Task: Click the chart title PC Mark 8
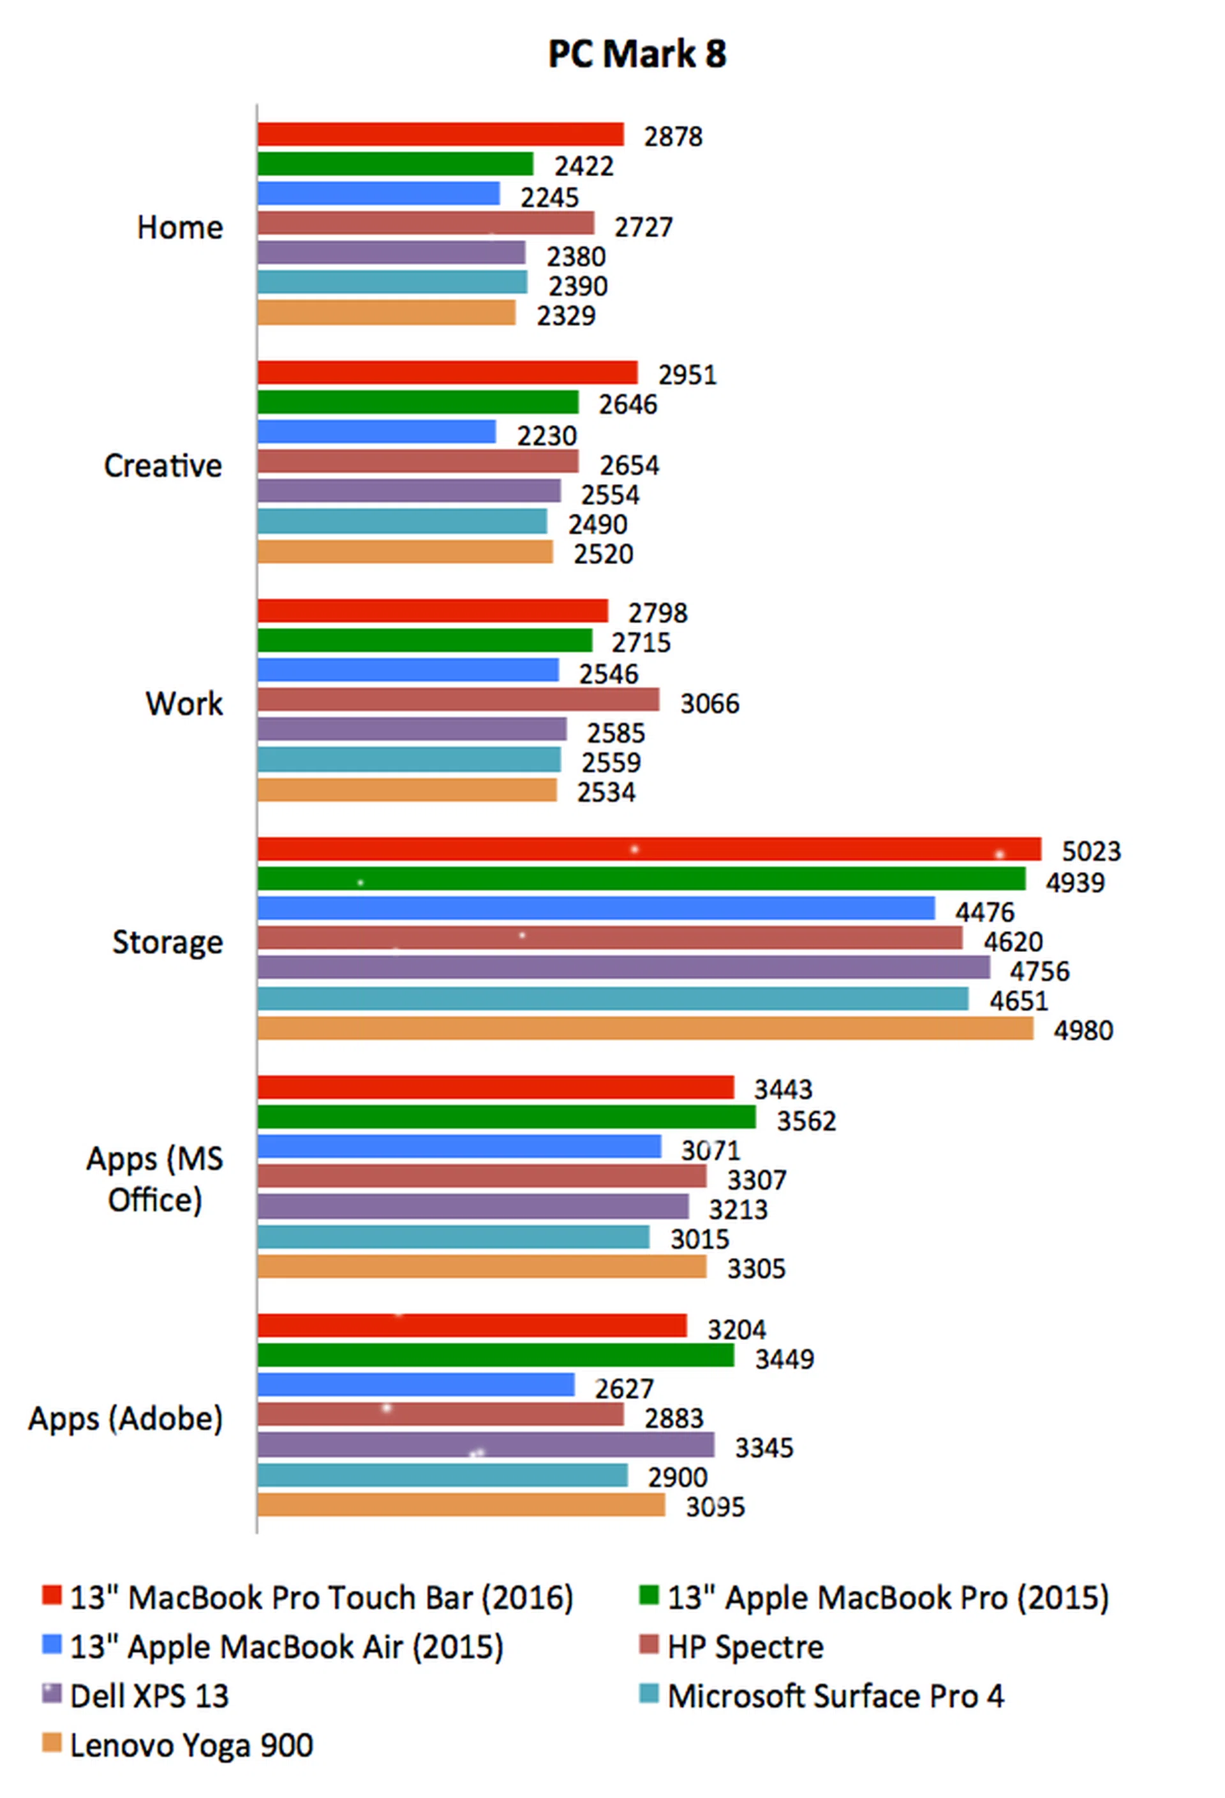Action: (x=636, y=54)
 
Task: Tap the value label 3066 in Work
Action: (x=709, y=703)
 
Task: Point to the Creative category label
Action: (x=163, y=466)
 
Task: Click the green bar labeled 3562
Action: (x=506, y=1117)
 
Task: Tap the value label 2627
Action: (x=624, y=1389)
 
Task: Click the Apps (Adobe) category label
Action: (x=125, y=1418)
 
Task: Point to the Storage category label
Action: (x=167, y=942)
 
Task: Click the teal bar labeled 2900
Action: (x=442, y=1475)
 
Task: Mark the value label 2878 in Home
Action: (x=672, y=137)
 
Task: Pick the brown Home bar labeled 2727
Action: (x=426, y=223)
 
